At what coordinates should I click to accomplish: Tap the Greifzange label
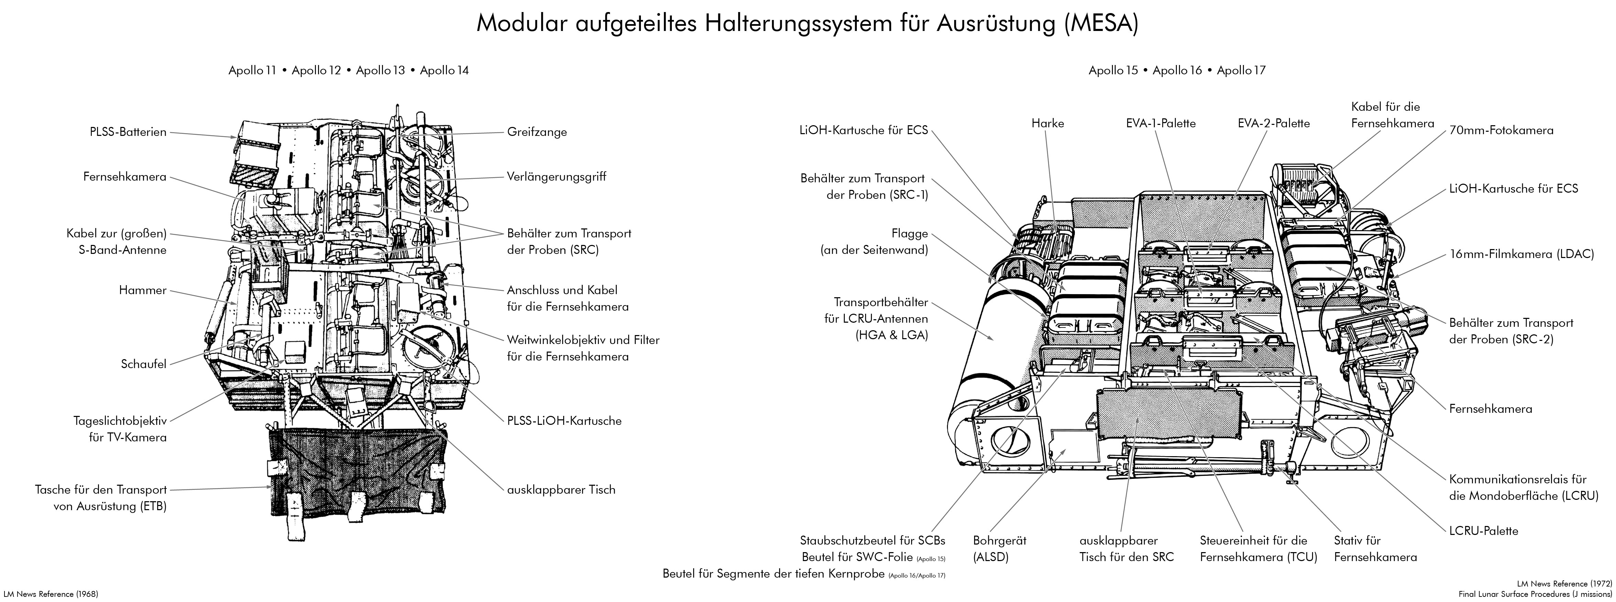[537, 132]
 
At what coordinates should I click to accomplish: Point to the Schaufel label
[144, 364]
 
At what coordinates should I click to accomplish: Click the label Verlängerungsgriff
[556, 176]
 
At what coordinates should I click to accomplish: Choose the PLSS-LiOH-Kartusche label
[564, 421]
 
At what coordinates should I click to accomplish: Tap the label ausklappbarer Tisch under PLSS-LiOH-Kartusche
[561, 490]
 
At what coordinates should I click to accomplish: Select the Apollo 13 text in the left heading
[380, 70]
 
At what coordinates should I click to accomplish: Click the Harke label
[1048, 123]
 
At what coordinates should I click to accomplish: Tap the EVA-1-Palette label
[1160, 123]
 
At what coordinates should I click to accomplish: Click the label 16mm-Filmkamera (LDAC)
[1521, 254]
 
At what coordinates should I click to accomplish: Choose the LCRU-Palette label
[1483, 531]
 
